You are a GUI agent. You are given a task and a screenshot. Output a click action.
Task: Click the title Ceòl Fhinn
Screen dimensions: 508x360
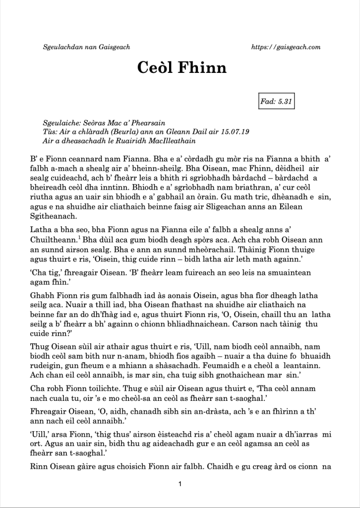point(181,67)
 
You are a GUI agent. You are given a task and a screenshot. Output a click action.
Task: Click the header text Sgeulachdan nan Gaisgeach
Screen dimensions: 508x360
point(87,47)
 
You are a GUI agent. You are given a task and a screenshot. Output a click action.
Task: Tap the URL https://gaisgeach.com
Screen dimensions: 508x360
point(286,47)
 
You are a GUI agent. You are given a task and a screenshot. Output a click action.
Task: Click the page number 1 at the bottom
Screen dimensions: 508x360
point(180,484)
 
